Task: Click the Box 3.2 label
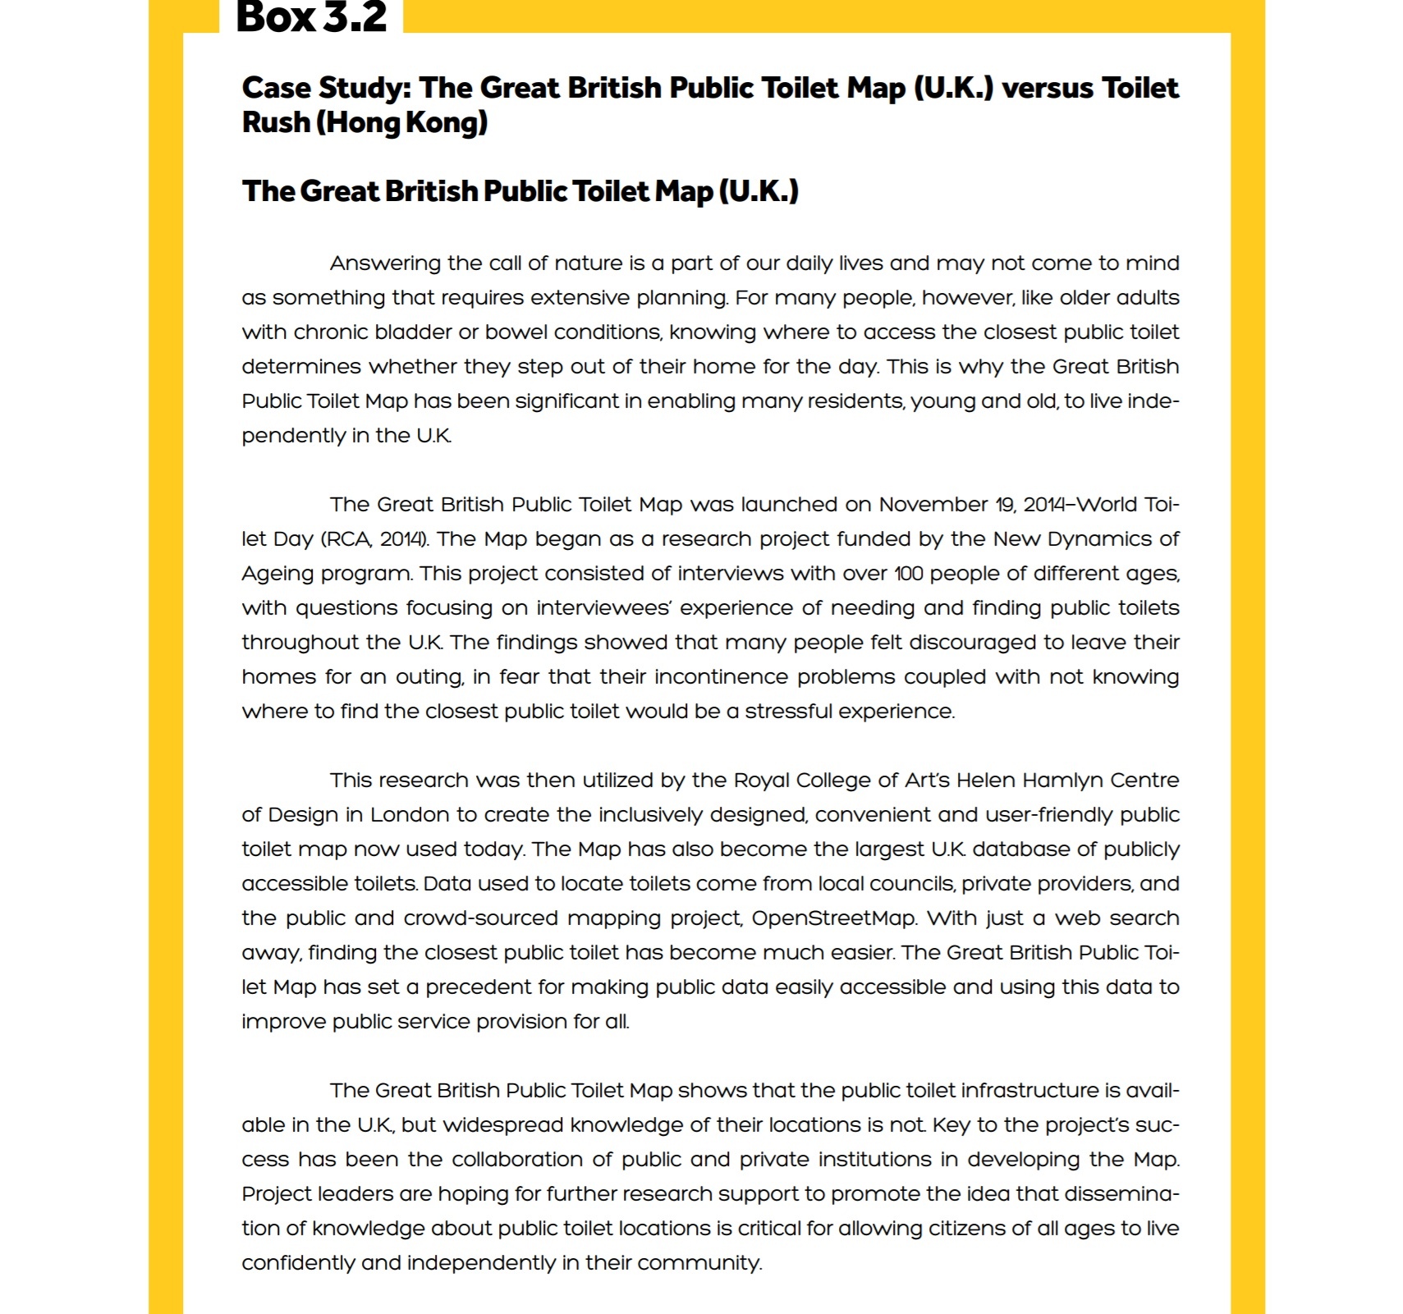point(310,17)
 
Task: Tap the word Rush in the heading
point(276,122)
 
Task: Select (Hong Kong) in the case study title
point(402,122)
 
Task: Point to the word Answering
point(385,263)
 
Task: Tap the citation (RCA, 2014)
point(374,539)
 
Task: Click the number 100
point(909,574)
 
